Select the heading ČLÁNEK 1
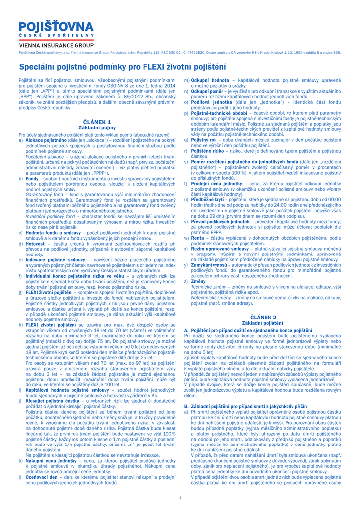97,121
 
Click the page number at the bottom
180,497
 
